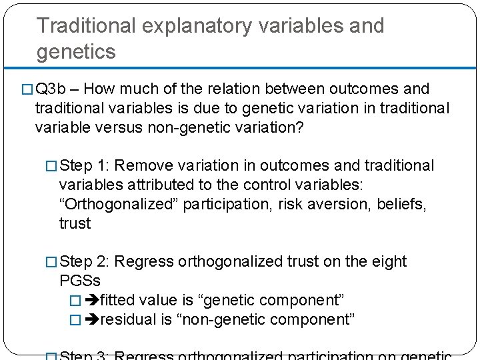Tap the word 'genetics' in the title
(x=76, y=51)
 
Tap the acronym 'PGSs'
(x=79, y=281)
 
